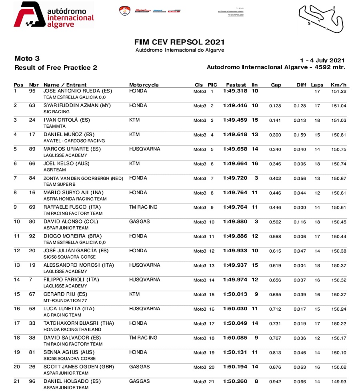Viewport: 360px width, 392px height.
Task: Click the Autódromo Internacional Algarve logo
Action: (x=54, y=15)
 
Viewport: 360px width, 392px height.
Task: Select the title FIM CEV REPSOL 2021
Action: (x=180, y=42)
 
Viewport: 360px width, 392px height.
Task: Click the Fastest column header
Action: (x=236, y=85)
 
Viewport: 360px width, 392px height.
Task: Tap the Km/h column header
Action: (x=338, y=85)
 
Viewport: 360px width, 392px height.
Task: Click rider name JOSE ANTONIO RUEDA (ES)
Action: (x=78, y=91)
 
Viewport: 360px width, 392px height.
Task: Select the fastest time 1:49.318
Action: (x=235, y=91)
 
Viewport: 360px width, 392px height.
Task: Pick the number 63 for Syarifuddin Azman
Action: (x=32, y=106)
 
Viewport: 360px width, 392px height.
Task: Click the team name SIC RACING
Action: (x=57, y=112)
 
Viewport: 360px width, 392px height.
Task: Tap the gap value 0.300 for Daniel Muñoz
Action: (x=275, y=135)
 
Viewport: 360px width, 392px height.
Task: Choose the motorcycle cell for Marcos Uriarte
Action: (x=144, y=149)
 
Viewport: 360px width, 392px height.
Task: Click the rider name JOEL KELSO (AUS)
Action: (x=66, y=164)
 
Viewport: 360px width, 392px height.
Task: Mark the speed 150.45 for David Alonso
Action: (x=339, y=222)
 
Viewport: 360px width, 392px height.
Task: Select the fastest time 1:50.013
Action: (x=235, y=294)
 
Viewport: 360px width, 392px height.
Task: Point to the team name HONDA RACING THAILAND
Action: (x=72, y=330)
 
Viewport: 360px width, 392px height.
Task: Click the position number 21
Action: (x=17, y=382)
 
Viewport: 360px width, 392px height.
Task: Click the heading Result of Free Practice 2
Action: (x=56, y=68)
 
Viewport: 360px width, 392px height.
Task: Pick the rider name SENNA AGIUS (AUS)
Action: (x=69, y=352)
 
